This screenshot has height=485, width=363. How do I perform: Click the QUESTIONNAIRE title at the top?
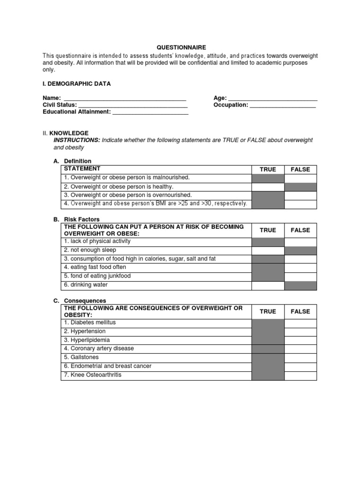tap(181, 47)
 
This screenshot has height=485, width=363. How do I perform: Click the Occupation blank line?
tap(283, 105)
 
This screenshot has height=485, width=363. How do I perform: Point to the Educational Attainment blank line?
tap(150, 112)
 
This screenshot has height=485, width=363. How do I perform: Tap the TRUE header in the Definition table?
tap(268, 169)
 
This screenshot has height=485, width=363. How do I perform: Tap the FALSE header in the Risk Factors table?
tap(300, 230)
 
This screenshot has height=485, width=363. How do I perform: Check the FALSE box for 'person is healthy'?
tap(300, 187)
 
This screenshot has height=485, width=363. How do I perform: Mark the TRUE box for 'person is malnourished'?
tap(268, 178)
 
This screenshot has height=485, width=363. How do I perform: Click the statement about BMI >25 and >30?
tap(156, 204)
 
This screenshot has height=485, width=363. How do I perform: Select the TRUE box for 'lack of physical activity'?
tap(268, 242)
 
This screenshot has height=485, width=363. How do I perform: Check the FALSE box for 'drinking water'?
tap(300, 285)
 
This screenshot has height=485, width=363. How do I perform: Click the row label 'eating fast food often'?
tap(95, 268)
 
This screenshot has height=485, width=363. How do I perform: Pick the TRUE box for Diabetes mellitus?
tap(268, 323)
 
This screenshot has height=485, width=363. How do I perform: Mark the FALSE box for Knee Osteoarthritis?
tap(300, 375)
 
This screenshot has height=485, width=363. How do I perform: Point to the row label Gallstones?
tap(81, 358)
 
